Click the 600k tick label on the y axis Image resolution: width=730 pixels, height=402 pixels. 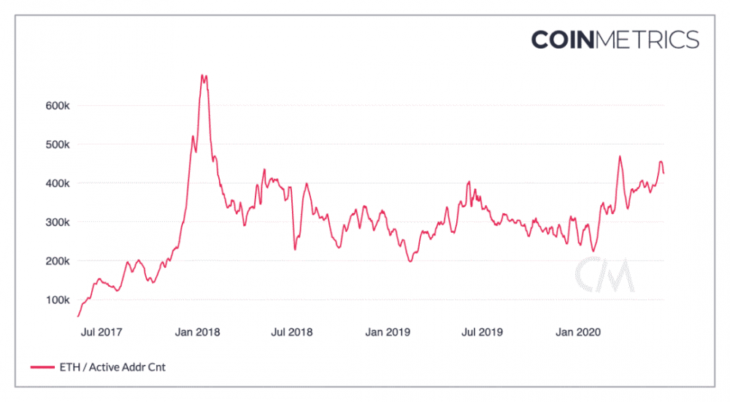(57, 105)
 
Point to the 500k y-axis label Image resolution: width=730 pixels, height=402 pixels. (57, 144)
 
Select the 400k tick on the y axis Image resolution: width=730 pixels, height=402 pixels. (57, 183)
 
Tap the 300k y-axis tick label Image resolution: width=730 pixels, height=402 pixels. (57, 222)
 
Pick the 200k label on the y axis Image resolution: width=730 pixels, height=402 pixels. (57, 260)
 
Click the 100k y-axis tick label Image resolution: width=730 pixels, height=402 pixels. (57, 300)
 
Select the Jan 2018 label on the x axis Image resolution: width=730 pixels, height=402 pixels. (198, 332)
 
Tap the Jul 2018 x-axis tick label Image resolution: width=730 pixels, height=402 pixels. (292, 332)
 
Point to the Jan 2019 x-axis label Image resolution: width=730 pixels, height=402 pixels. (388, 332)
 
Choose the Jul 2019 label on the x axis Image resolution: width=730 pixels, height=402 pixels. (482, 332)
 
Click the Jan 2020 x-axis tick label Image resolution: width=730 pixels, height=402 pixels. (577, 332)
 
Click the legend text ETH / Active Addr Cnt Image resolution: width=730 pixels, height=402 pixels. (113, 367)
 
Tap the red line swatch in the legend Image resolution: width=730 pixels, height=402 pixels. (43, 367)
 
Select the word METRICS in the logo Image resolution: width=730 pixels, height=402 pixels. (648, 39)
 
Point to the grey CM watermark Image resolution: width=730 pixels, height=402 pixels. (603, 275)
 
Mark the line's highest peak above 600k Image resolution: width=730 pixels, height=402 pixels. (202, 74)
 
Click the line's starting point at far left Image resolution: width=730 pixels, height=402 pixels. (78, 316)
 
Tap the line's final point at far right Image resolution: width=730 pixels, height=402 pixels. (664, 173)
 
